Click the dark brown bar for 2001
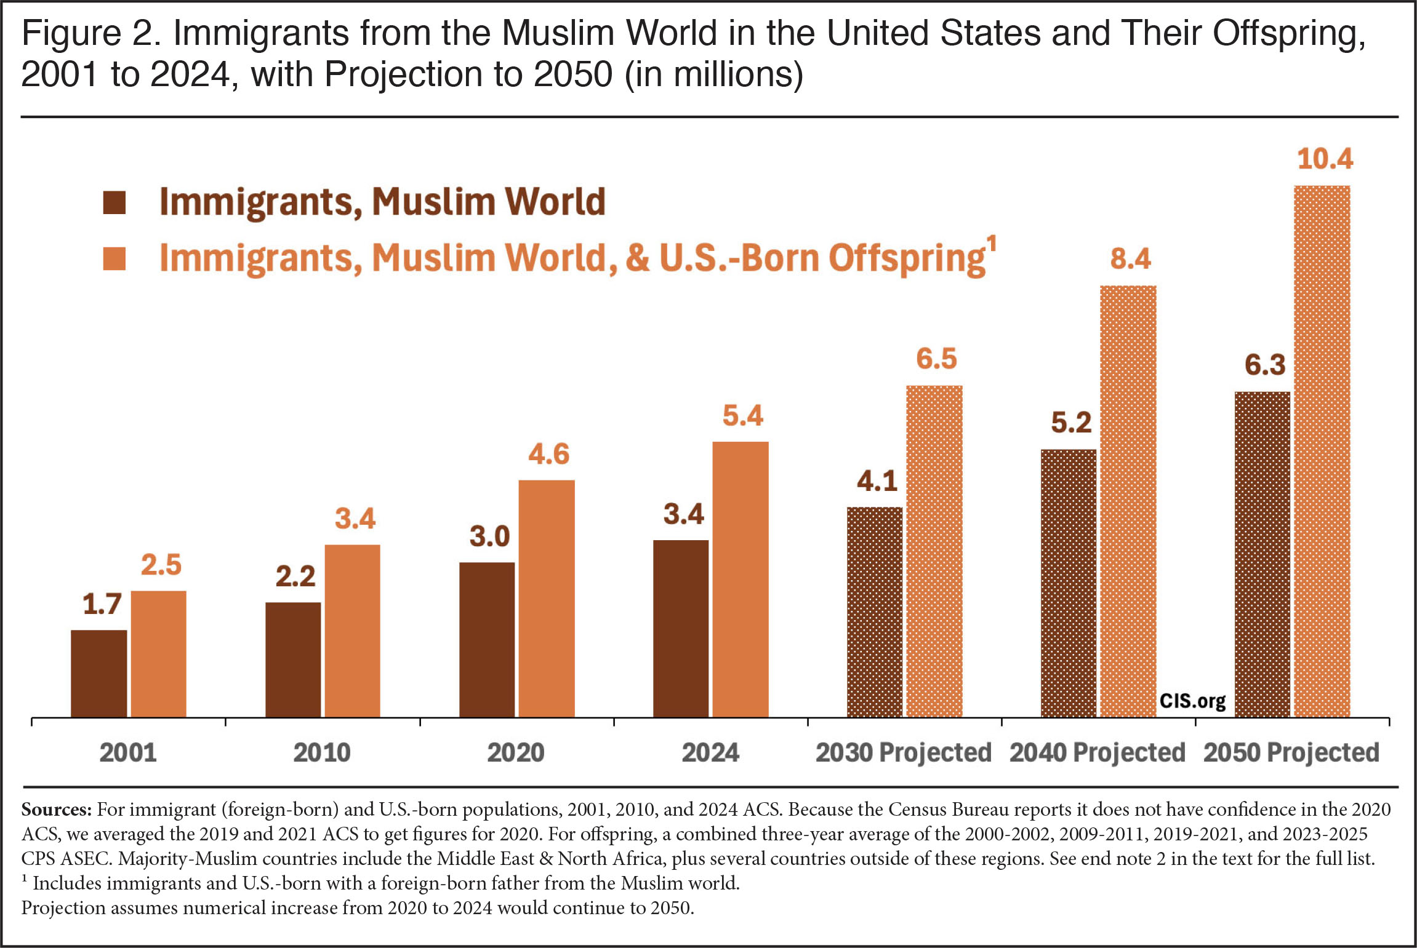click(99, 673)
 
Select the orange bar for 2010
click(352, 631)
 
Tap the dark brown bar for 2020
click(487, 639)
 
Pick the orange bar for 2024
click(741, 579)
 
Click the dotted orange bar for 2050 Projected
click(1322, 451)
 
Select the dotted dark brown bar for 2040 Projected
click(1069, 583)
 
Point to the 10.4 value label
click(1325, 159)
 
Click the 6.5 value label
click(936, 359)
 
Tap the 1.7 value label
click(102, 604)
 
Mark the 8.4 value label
click(1130, 258)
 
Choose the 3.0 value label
click(489, 536)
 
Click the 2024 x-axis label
click(710, 752)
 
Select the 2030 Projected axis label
click(904, 753)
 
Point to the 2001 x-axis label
click(128, 752)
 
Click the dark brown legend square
click(114, 202)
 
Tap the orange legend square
click(114, 258)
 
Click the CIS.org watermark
click(1192, 701)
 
